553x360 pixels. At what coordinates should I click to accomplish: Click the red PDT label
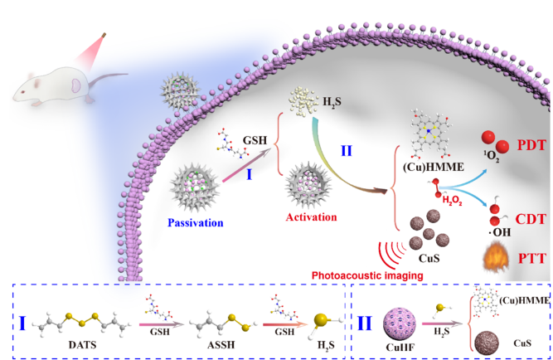(531, 145)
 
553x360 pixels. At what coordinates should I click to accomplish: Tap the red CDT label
(531, 219)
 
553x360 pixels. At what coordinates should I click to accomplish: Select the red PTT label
(532, 259)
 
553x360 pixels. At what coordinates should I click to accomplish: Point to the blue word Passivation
(196, 222)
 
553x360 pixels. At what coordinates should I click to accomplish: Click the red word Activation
(311, 216)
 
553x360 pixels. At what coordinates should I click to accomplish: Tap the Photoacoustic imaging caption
(367, 275)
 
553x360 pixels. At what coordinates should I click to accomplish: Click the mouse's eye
(22, 92)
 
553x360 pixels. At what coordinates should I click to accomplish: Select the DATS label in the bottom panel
(82, 344)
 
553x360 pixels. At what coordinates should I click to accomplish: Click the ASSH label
(221, 344)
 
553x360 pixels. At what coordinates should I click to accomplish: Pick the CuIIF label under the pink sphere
(400, 347)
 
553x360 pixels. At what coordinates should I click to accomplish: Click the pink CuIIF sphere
(400, 324)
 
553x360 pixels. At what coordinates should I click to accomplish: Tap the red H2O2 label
(452, 201)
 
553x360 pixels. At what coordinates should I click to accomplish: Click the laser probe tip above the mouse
(104, 35)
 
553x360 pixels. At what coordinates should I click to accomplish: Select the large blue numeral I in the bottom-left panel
(22, 324)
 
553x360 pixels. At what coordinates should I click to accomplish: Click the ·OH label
(500, 232)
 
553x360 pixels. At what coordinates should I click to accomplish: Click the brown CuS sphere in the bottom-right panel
(487, 343)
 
